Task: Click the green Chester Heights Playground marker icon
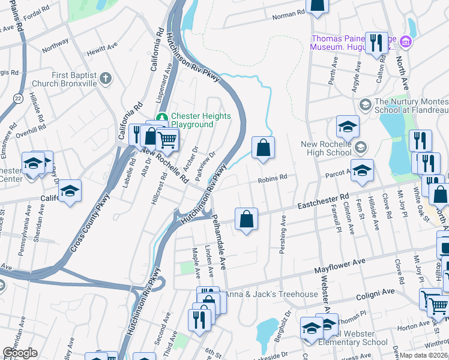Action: (161, 116)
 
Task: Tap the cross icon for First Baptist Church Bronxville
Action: (106, 78)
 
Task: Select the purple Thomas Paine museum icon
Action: (406, 41)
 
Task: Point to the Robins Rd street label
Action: (273, 178)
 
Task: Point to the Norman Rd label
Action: (289, 14)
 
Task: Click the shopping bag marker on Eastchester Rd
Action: (246, 219)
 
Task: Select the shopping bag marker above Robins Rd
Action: (263, 148)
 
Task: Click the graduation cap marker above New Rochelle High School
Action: (347, 127)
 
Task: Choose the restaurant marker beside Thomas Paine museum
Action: (376, 43)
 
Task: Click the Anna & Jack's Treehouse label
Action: (271, 294)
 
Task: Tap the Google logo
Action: (20, 353)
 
